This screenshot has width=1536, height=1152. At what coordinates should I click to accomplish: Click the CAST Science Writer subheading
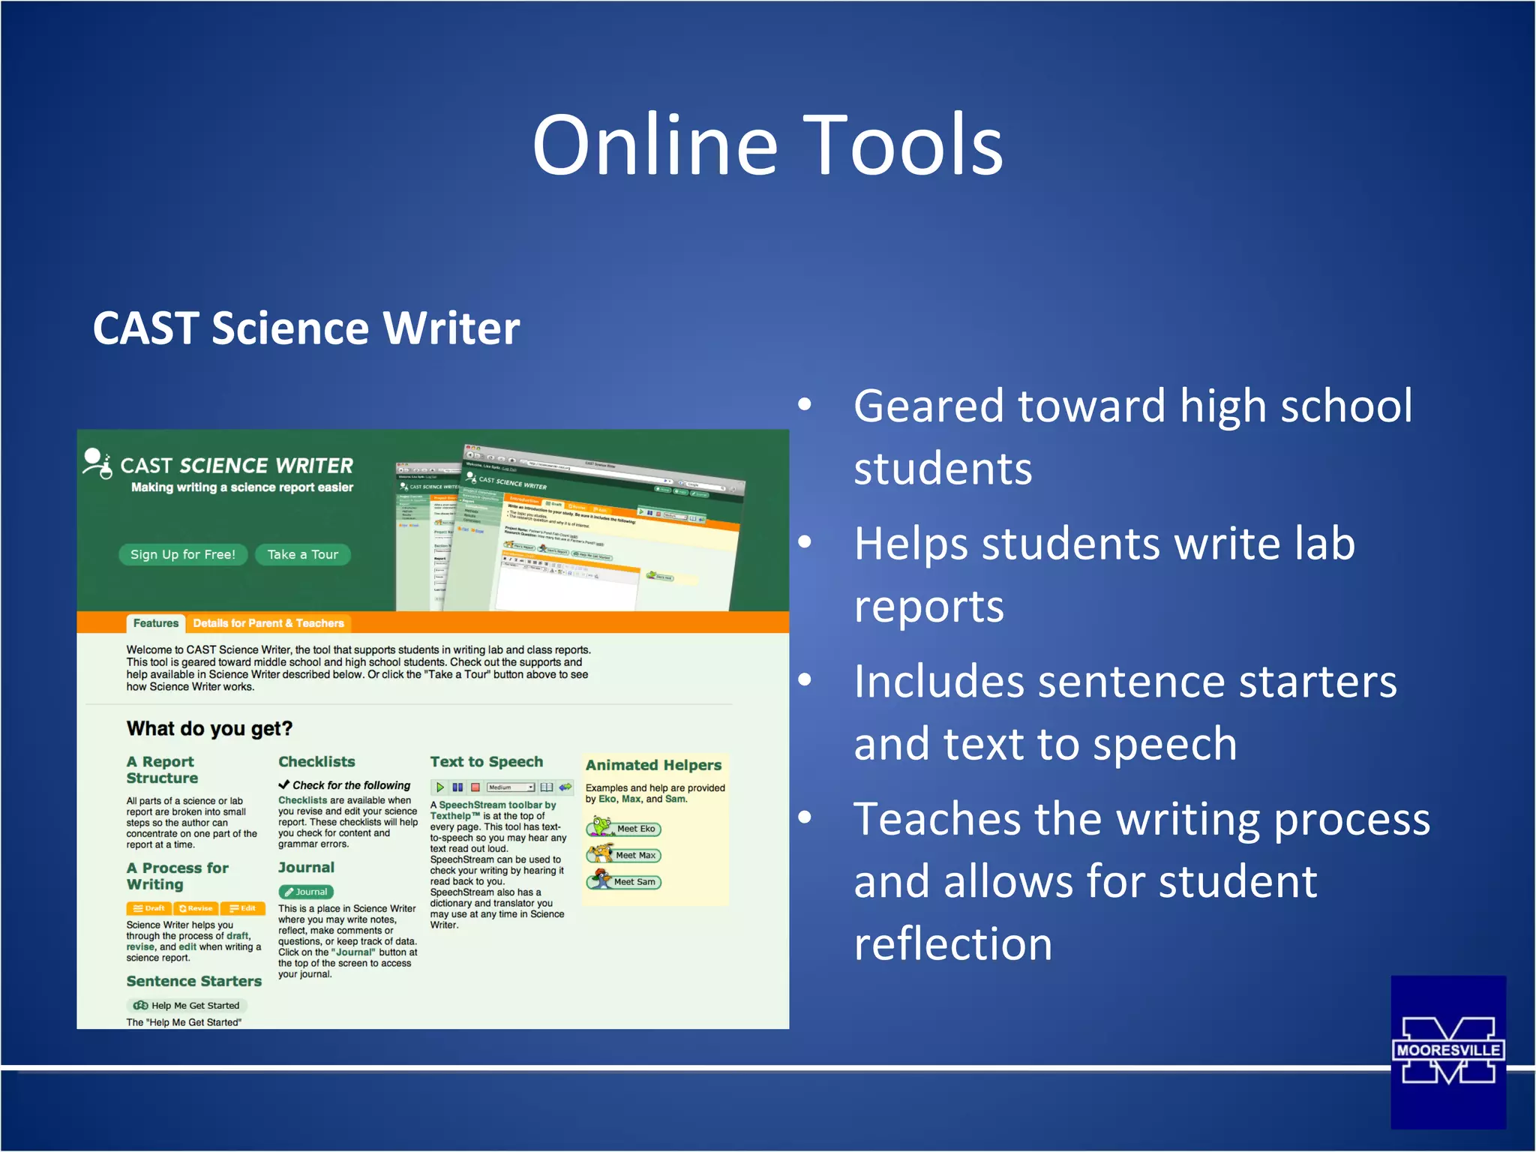click(x=306, y=328)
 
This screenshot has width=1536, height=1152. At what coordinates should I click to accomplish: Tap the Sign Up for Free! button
click(x=183, y=554)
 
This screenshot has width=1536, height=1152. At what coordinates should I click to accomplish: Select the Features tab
click(x=155, y=623)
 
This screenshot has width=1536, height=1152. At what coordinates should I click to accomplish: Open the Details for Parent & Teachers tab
click(x=268, y=623)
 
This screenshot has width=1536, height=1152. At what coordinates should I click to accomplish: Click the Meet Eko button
click(x=634, y=829)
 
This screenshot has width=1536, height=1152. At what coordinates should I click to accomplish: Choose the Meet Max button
click(x=634, y=855)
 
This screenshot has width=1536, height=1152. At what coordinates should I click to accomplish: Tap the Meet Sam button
click(x=634, y=882)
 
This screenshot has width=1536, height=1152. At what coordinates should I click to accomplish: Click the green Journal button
click(x=306, y=892)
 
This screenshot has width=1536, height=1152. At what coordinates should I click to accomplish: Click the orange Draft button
click(x=149, y=908)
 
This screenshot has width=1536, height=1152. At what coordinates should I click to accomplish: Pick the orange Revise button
click(x=196, y=908)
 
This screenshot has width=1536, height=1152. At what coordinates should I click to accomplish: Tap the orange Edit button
click(x=243, y=908)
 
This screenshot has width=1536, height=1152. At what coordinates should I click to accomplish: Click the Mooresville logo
click(x=1447, y=1051)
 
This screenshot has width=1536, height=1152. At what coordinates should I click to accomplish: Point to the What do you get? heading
click(x=209, y=728)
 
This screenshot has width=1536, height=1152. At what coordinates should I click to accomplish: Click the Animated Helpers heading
click(x=653, y=765)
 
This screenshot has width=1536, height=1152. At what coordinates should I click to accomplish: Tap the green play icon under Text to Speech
click(x=440, y=787)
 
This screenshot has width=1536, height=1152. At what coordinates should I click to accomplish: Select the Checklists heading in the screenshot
click(x=316, y=761)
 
